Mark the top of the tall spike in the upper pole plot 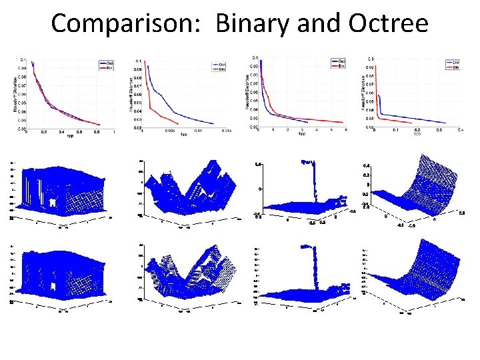click(x=307, y=161)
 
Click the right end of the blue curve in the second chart click(x=214, y=123)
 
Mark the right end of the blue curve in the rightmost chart click(x=446, y=123)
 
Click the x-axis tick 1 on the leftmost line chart click(x=113, y=131)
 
